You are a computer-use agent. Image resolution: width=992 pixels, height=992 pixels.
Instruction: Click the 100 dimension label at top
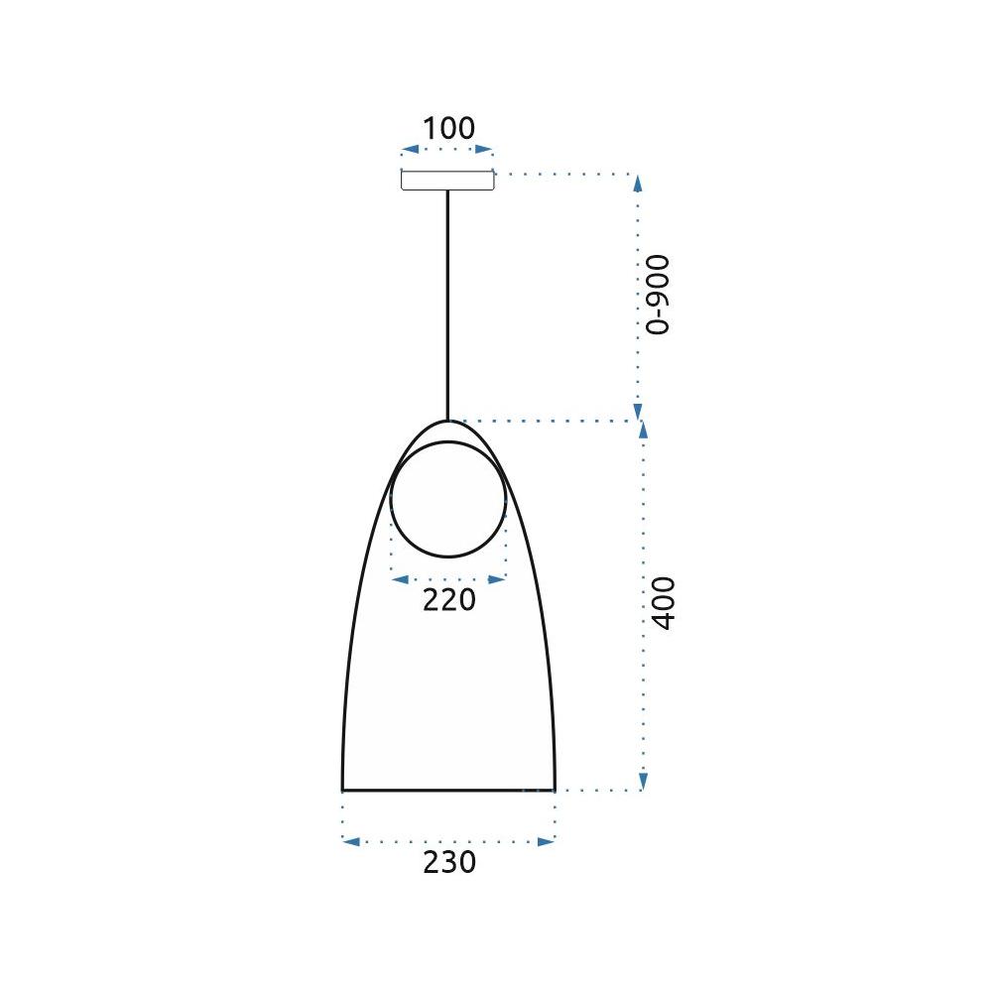click(x=448, y=129)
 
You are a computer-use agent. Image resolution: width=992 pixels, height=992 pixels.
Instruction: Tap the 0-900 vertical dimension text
click(x=658, y=295)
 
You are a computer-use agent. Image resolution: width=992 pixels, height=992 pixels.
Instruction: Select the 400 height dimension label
click(x=663, y=602)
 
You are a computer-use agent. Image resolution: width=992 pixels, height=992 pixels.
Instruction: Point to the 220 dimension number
click(x=449, y=600)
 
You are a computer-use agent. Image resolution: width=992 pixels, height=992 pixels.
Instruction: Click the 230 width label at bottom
click(x=449, y=863)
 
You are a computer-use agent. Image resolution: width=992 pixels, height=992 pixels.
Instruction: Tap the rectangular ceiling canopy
click(x=447, y=181)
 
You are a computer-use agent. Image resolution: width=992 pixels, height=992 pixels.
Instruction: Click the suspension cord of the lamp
click(x=447, y=298)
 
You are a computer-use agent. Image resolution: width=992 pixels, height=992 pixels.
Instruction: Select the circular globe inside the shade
click(x=448, y=499)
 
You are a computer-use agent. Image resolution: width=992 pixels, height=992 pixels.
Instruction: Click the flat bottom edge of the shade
click(x=448, y=791)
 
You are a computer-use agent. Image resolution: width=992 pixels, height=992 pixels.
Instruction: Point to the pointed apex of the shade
click(x=448, y=423)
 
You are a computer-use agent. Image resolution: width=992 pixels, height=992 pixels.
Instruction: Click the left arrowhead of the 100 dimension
click(x=407, y=151)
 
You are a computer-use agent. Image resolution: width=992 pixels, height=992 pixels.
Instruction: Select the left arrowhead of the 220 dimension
click(x=399, y=579)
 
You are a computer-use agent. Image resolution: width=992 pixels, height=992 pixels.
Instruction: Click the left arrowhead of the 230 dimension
click(x=349, y=841)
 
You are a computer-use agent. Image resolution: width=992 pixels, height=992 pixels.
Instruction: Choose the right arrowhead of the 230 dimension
click(x=548, y=841)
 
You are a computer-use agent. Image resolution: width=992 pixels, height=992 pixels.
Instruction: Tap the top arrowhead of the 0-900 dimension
click(x=638, y=183)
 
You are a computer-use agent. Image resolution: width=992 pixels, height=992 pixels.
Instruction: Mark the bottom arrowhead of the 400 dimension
click(x=643, y=783)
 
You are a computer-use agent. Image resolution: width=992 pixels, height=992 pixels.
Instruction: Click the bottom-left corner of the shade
click(x=343, y=790)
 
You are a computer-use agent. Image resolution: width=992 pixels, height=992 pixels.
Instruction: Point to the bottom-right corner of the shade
click(x=554, y=790)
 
